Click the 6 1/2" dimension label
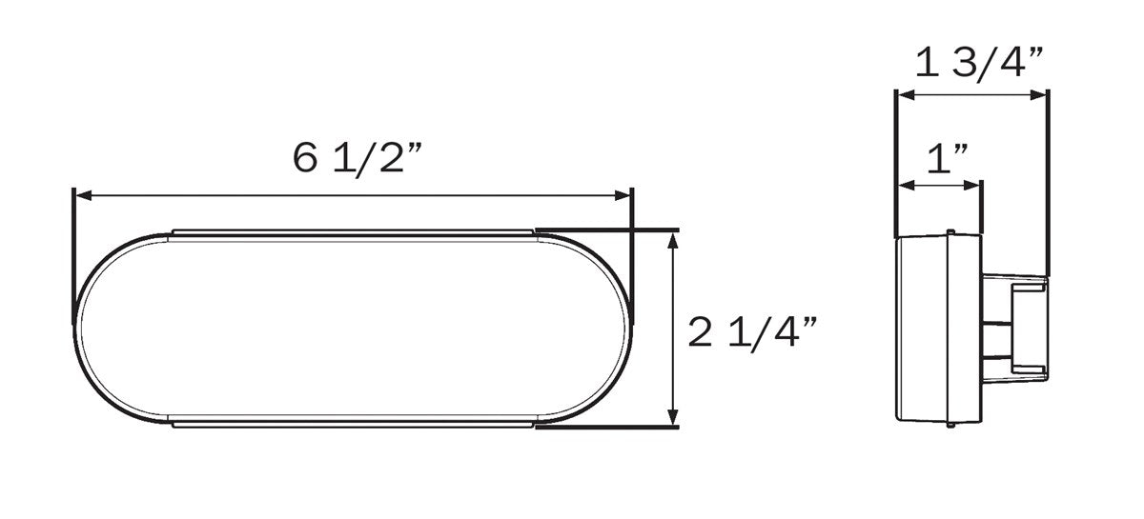coord(357,159)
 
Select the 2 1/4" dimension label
coord(753,332)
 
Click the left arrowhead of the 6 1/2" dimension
coord(84,195)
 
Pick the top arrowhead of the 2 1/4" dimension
coord(674,240)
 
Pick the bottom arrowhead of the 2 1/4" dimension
coord(674,416)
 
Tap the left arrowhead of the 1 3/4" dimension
coord(906,94)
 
